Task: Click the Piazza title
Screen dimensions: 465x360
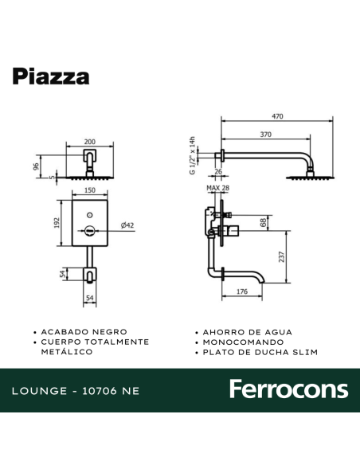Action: [50, 76]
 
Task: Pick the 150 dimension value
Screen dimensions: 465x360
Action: [90, 191]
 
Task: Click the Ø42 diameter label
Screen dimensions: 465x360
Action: [127, 225]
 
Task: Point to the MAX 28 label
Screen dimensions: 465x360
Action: [217, 188]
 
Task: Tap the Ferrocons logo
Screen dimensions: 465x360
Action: [288, 389]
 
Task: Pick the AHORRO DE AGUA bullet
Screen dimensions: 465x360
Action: [247, 331]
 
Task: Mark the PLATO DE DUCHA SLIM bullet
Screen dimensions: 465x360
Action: [260, 351]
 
